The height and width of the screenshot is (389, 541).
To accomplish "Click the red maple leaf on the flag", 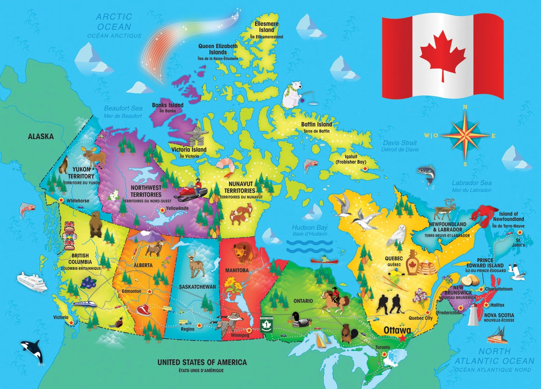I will coord(443,56).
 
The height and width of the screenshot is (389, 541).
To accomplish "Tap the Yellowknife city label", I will coord(177,209).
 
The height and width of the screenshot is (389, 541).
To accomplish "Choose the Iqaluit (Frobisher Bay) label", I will coord(351,158).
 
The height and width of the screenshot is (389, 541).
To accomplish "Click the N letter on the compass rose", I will coord(465,107).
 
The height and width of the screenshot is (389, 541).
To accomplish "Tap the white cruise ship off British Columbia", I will coord(32,282).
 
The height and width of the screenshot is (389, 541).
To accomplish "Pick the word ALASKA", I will coord(41,136).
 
